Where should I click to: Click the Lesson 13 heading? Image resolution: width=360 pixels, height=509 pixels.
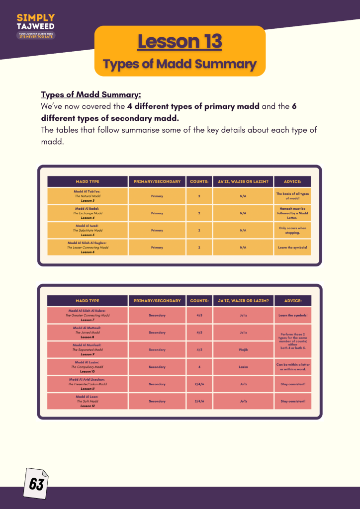point(180,42)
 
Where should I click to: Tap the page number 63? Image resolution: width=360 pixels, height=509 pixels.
point(36,484)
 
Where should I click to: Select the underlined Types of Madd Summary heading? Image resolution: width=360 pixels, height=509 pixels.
point(91,95)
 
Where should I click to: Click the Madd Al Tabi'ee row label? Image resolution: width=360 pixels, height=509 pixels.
point(87,196)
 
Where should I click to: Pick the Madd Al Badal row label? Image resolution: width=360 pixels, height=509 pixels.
point(87,213)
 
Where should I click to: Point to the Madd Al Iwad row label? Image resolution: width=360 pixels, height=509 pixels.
point(87,230)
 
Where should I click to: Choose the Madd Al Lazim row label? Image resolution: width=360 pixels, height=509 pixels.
point(87,367)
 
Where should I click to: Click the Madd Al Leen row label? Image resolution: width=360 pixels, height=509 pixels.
point(87,401)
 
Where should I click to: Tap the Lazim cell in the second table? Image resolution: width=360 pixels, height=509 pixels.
point(243,367)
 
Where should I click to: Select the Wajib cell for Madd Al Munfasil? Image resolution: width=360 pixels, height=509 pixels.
point(243,349)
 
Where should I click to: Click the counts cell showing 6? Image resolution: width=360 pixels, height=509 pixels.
point(199,367)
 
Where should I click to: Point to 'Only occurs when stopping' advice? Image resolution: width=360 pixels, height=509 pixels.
point(292,230)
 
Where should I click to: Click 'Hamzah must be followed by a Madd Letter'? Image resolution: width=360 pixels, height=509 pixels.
point(292,213)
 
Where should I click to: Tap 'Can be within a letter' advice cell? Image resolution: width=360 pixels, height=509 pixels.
point(292,367)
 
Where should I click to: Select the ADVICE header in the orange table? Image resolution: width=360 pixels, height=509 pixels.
point(292,181)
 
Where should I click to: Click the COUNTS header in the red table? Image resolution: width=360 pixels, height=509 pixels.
point(199,301)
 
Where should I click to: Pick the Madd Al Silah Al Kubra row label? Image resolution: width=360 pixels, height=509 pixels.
point(87,315)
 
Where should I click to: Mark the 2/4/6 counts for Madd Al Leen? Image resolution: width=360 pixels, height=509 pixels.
point(199,401)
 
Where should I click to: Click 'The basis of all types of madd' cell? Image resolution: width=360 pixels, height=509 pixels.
point(292,196)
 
